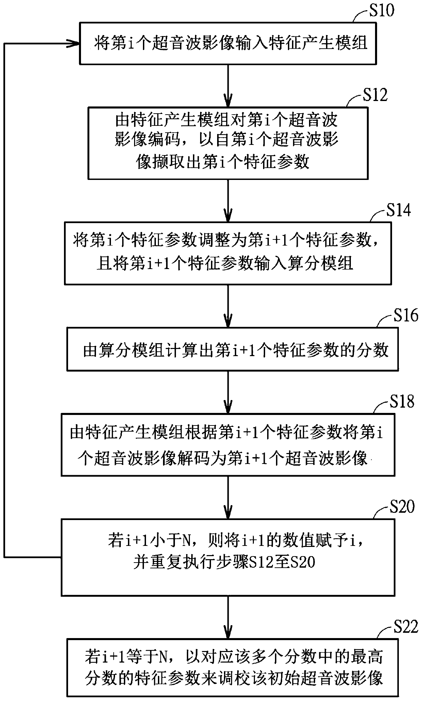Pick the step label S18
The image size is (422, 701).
pyautogui.click(x=402, y=401)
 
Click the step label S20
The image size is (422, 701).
pyautogui.click(x=402, y=507)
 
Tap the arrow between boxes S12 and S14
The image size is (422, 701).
pyautogui.click(x=228, y=201)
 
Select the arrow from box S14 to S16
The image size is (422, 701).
pyautogui.click(x=228, y=306)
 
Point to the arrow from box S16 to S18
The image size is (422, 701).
pyautogui.click(x=228, y=392)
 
